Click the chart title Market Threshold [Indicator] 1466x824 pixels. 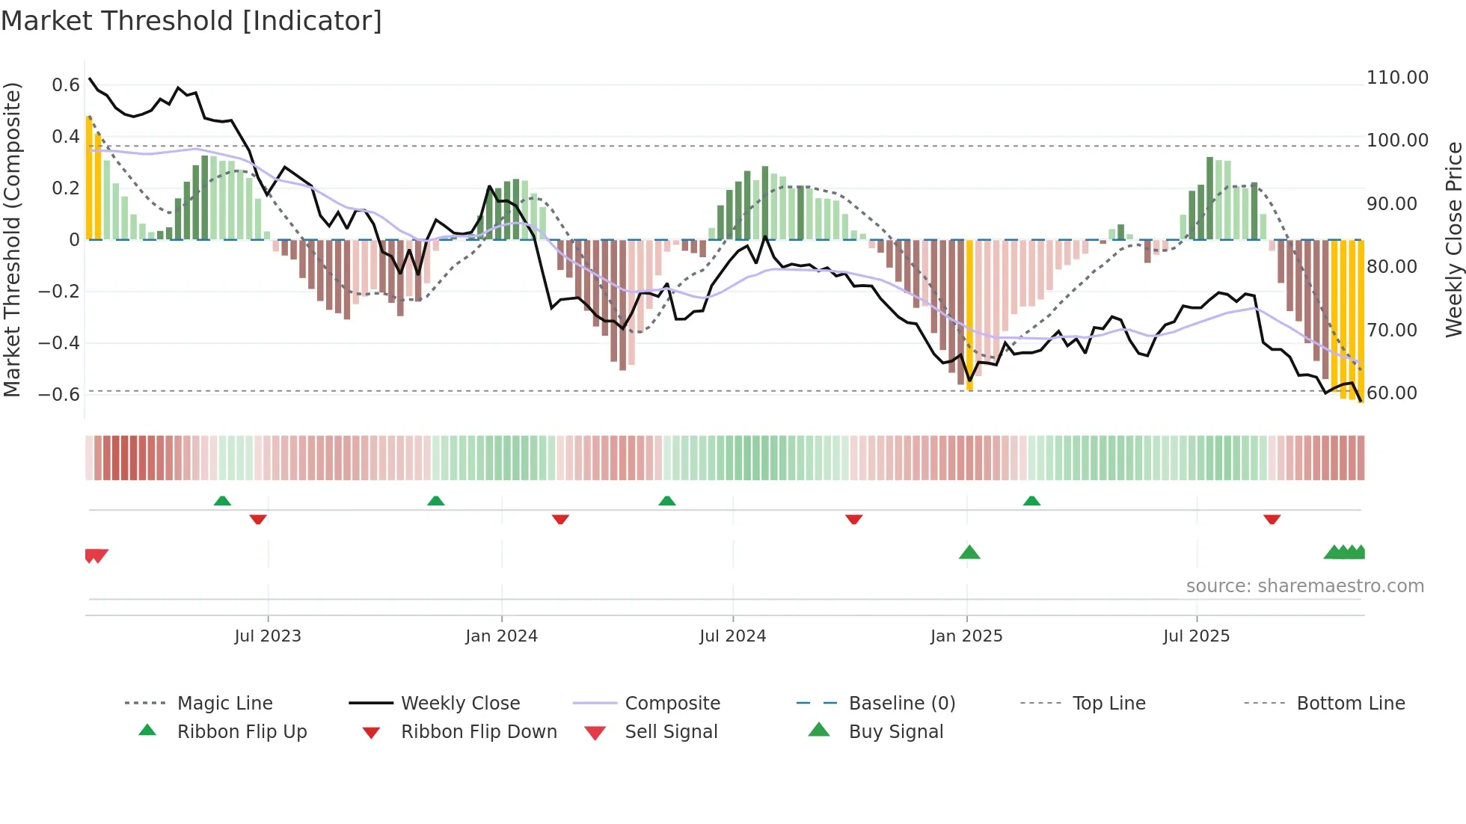point(191,21)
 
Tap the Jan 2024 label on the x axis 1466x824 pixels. point(501,636)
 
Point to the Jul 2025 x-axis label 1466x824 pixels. point(1196,636)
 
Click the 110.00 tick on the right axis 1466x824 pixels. point(1397,78)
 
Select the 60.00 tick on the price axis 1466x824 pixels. point(1391,393)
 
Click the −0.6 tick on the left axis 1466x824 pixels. point(59,394)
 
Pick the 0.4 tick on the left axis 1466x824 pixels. point(65,137)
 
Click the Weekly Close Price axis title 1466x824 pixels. point(1453,239)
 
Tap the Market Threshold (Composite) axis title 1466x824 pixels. point(12,239)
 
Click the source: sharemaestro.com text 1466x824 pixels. point(1304,586)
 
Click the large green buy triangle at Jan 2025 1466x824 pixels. point(969,553)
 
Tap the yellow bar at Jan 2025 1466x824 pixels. point(969,314)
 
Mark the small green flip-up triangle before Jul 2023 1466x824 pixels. point(222,501)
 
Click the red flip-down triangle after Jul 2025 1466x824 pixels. point(1272,519)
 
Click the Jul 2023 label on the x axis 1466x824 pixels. point(267,636)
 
